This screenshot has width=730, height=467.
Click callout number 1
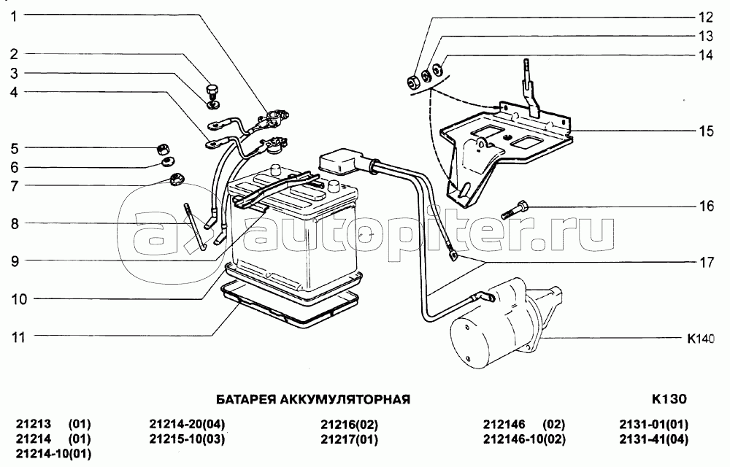(x=14, y=15)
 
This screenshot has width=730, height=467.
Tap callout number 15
(x=705, y=131)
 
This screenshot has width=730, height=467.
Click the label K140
(x=699, y=339)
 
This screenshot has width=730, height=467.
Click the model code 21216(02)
(x=349, y=425)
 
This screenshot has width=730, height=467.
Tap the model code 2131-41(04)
(x=654, y=439)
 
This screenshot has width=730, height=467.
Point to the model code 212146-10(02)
(x=524, y=439)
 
